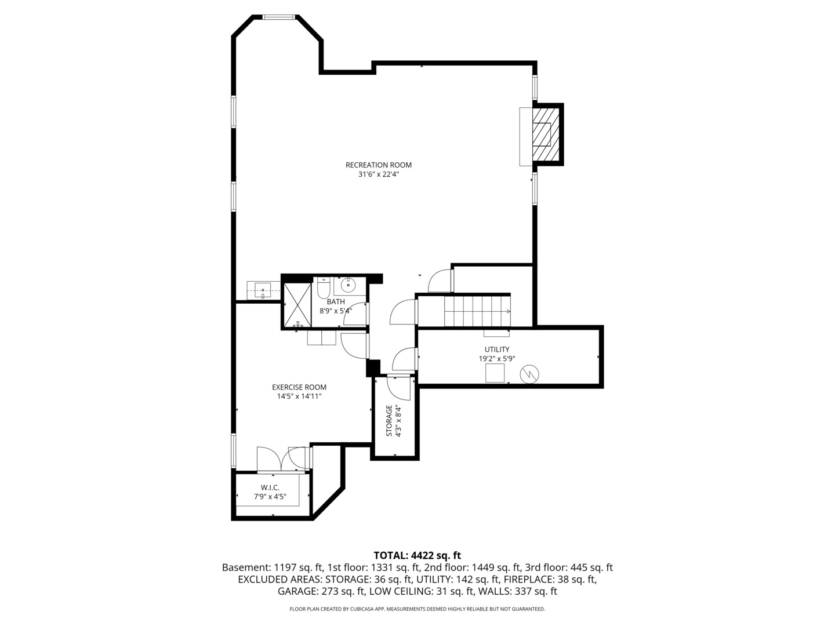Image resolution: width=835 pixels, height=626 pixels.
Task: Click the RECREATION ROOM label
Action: point(378,165)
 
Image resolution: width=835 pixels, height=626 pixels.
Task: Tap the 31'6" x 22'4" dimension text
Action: point(378,174)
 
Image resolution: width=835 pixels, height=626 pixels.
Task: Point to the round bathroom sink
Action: point(348,283)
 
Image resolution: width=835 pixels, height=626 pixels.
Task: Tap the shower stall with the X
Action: point(297,304)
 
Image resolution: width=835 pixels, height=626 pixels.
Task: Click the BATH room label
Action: point(336,302)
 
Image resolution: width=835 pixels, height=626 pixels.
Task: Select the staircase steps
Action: point(477,311)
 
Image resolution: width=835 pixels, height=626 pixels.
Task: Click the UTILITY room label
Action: point(497,350)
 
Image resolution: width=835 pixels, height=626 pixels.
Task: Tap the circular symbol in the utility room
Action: point(529,374)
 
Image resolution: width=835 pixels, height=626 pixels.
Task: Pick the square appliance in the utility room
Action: point(495,373)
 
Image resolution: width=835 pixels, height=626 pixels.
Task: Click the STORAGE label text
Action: point(389,421)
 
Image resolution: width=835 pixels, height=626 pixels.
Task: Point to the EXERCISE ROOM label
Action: point(299,387)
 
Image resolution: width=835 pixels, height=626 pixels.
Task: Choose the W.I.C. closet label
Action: point(270,487)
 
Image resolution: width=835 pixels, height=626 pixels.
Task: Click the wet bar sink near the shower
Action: point(263,290)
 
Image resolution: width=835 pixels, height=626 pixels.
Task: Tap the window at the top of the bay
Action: point(279,17)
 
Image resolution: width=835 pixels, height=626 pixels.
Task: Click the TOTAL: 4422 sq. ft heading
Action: point(418,556)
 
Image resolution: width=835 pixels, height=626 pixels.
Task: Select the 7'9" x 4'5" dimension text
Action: point(270,496)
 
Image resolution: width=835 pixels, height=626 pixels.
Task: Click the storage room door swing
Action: point(399,388)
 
